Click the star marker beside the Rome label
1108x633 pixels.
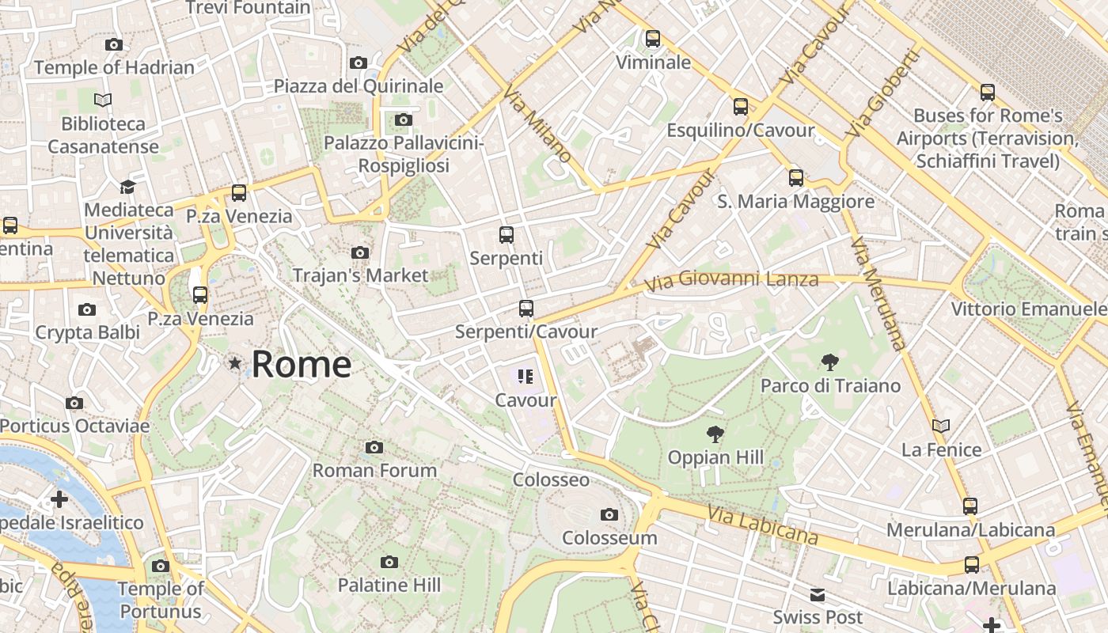234,364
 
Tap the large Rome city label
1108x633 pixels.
302,364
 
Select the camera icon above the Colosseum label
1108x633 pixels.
609,515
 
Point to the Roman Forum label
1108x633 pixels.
374,471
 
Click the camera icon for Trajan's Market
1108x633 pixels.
360,253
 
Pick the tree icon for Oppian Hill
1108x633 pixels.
715,434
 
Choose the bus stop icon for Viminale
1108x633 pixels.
653,38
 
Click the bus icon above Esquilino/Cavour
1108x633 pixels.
741,106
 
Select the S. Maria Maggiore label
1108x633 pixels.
796,202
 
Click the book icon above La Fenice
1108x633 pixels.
941,426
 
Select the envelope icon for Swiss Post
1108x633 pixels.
818,595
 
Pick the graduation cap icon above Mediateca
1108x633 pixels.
127,187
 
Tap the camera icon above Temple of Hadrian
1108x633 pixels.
114,45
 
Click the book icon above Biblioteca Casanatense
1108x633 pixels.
103,100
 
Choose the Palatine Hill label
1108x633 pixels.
389,586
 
